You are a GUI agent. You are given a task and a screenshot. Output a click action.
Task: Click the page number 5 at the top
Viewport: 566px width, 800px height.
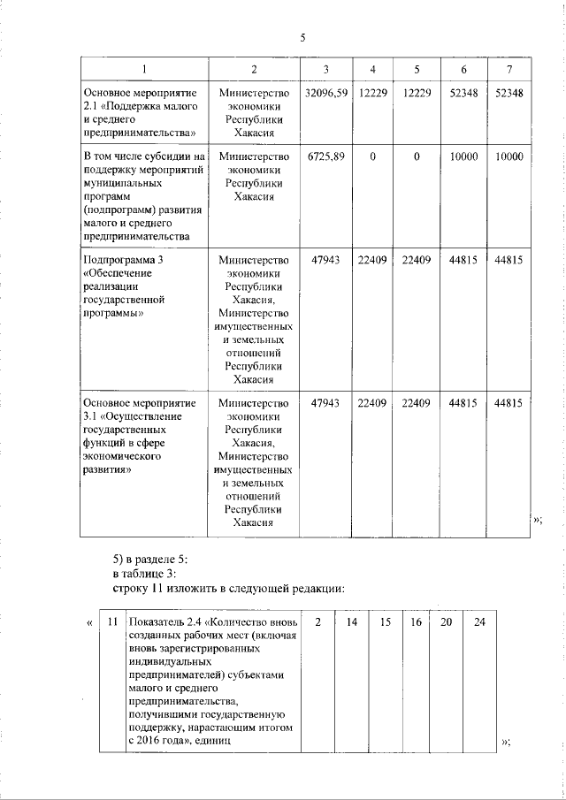click(x=303, y=38)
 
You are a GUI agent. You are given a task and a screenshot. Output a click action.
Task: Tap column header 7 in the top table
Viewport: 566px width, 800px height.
click(x=509, y=70)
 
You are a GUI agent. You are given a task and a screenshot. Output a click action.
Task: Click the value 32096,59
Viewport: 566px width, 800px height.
click(x=325, y=92)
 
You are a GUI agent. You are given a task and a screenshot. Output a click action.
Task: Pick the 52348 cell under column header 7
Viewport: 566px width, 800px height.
click(x=509, y=92)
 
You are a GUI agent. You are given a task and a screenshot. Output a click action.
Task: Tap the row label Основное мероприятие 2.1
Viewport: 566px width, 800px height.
click(x=133, y=92)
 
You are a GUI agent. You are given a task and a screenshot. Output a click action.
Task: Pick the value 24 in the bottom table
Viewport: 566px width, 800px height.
click(x=479, y=622)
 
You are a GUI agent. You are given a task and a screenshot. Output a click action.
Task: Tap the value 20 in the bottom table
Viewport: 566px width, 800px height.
click(x=447, y=622)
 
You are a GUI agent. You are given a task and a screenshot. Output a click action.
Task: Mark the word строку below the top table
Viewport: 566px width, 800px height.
click(x=132, y=588)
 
